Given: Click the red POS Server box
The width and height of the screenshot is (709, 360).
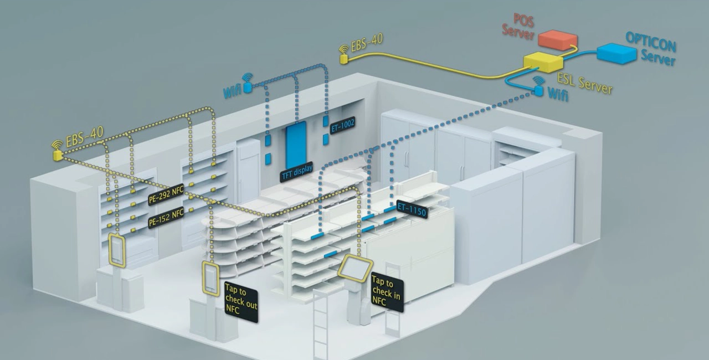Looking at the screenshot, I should click(558, 40).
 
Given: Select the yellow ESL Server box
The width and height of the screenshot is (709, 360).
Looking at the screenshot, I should click(543, 61).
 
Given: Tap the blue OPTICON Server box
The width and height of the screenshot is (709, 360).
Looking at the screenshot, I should click(616, 53).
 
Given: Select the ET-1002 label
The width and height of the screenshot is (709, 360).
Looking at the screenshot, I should click(342, 126).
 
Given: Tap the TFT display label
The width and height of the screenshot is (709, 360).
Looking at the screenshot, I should click(297, 172).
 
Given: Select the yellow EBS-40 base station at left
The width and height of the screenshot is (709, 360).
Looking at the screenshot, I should click(57, 156).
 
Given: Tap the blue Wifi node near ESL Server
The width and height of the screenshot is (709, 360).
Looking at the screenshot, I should click(539, 91).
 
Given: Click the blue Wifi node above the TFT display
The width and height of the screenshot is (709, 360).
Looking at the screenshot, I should click(248, 87).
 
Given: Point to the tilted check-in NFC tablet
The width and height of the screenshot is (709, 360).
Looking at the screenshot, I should click(355, 267).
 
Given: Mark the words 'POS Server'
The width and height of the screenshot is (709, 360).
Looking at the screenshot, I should click(519, 27).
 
